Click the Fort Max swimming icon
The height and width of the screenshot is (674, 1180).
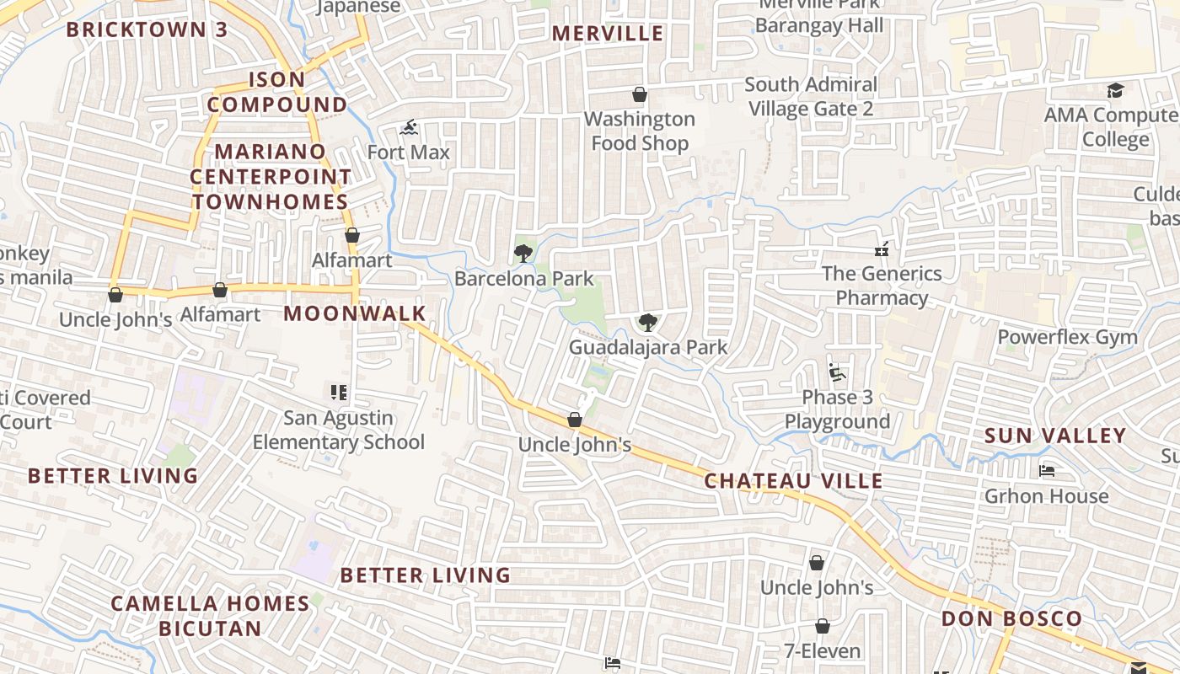tap(410, 129)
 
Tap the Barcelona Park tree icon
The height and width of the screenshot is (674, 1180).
tap(523, 253)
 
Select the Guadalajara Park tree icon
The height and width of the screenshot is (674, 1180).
tap(647, 322)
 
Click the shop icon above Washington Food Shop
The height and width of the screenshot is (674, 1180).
tap(640, 94)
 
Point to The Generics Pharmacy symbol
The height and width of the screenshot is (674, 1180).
tap(882, 249)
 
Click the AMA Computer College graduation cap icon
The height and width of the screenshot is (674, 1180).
tap(1116, 90)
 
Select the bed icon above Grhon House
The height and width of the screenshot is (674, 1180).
tap(1047, 471)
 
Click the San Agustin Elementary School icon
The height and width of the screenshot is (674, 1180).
tap(339, 393)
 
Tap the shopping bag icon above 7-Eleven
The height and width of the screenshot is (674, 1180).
tap(822, 627)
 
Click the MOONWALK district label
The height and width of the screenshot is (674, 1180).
tap(355, 314)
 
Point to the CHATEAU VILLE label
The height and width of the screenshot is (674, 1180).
tap(793, 481)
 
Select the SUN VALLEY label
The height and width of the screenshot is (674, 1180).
tap(1055, 436)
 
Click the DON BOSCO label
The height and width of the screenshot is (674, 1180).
tap(1011, 619)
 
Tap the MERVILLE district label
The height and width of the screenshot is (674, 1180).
tap(608, 34)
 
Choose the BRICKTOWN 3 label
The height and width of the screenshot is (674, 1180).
tap(147, 29)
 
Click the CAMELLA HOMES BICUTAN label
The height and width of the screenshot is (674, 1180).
tap(210, 616)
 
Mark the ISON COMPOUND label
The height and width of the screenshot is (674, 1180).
tap(277, 92)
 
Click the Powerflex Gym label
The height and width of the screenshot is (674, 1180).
tap(1067, 337)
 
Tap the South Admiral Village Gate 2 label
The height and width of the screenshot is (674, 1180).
tap(811, 96)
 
